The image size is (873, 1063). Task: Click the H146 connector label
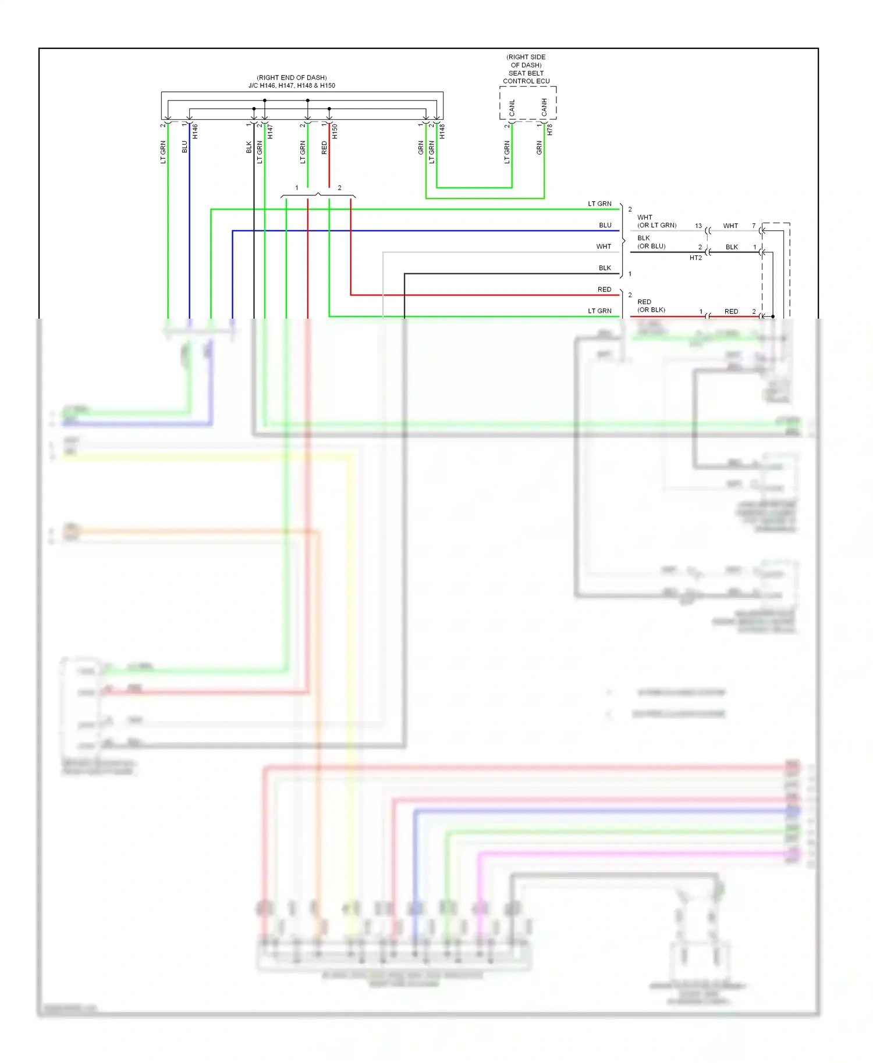pos(196,131)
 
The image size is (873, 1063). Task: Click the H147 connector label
pos(270,131)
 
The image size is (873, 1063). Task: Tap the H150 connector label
pos(335,131)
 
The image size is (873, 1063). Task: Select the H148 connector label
pos(442,131)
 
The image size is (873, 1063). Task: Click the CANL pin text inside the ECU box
pos(512,108)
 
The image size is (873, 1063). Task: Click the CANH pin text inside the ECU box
pos(544,108)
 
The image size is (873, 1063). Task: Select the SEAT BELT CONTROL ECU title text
pos(526,77)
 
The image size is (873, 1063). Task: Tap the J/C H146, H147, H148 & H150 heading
pos(292,85)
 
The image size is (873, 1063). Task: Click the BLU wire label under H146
pos(185,147)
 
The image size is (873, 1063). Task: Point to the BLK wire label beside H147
pos(249,147)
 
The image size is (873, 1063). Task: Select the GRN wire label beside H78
pos(539,148)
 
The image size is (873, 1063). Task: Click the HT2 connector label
pos(695,258)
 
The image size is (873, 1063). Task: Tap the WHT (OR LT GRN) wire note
pos(656,221)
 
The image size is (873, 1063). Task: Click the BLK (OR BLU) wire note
pos(651,242)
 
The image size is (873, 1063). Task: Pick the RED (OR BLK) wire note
pos(651,306)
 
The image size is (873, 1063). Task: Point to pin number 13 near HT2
pos(698,226)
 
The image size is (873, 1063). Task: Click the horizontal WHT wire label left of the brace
pos(604,247)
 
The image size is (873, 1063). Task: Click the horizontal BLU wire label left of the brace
pos(605,225)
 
